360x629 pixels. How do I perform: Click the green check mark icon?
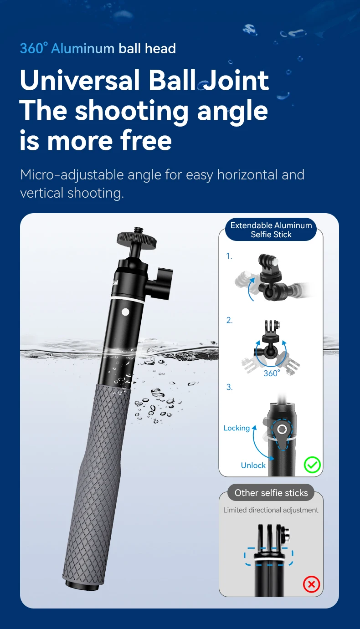(313, 465)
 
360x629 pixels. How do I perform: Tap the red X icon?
(312, 584)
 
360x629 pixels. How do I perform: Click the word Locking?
(237, 428)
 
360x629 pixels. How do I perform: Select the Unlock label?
(253, 465)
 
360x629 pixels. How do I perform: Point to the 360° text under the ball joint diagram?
(271, 373)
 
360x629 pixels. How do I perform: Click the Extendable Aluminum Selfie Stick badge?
(271, 230)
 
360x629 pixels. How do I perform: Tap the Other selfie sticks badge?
(271, 493)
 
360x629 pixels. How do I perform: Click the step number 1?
(229, 256)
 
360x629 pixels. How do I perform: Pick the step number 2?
(229, 320)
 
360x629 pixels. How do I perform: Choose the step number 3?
(229, 387)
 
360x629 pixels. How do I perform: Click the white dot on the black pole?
(125, 312)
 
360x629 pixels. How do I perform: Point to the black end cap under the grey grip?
(82, 584)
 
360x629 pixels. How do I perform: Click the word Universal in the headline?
(80, 81)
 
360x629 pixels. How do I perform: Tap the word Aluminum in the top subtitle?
(82, 48)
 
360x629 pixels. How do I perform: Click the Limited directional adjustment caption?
(271, 510)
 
